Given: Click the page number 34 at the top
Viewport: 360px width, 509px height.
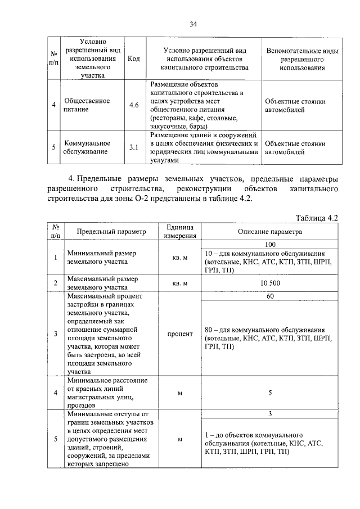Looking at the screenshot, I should click(x=193, y=24).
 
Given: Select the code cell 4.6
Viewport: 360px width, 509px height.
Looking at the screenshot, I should click(x=134, y=105).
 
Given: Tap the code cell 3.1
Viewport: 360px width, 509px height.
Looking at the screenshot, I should click(x=134, y=148).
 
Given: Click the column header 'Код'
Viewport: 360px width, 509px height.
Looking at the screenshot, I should click(x=134, y=59).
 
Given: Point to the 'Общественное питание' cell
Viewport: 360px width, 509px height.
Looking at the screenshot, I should click(x=87, y=105).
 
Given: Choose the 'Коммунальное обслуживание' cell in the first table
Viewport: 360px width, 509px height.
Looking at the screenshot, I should click(x=87, y=148).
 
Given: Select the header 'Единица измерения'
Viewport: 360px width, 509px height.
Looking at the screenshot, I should click(x=179, y=231).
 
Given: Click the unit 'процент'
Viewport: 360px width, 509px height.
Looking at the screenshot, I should click(x=179, y=334).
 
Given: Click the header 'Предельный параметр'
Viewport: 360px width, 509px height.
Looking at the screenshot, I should click(x=111, y=231).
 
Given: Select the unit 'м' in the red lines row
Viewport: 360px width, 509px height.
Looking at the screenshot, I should click(x=179, y=393).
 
